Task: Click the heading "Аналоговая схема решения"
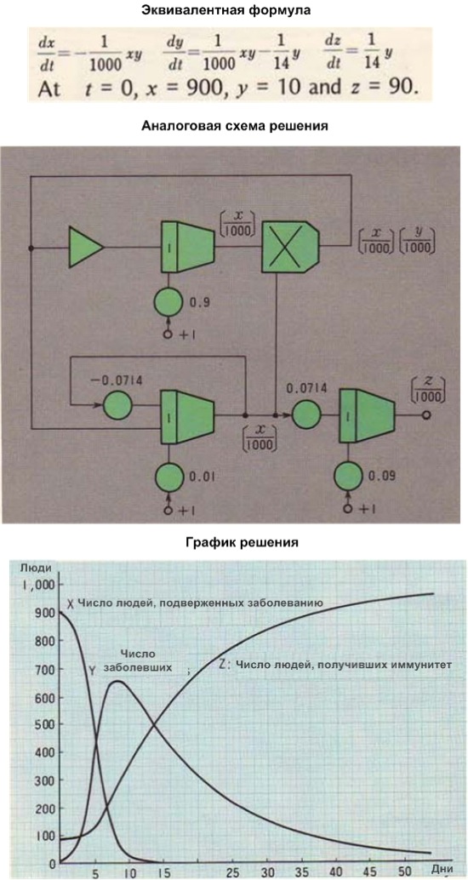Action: [x=234, y=126]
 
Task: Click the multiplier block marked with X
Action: [x=289, y=246]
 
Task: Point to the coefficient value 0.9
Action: [x=197, y=303]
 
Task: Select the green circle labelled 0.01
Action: [x=169, y=477]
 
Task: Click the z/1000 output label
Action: [x=428, y=389]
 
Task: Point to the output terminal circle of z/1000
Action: [x=426, y=415]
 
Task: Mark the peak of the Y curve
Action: [x=117, y=682]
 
